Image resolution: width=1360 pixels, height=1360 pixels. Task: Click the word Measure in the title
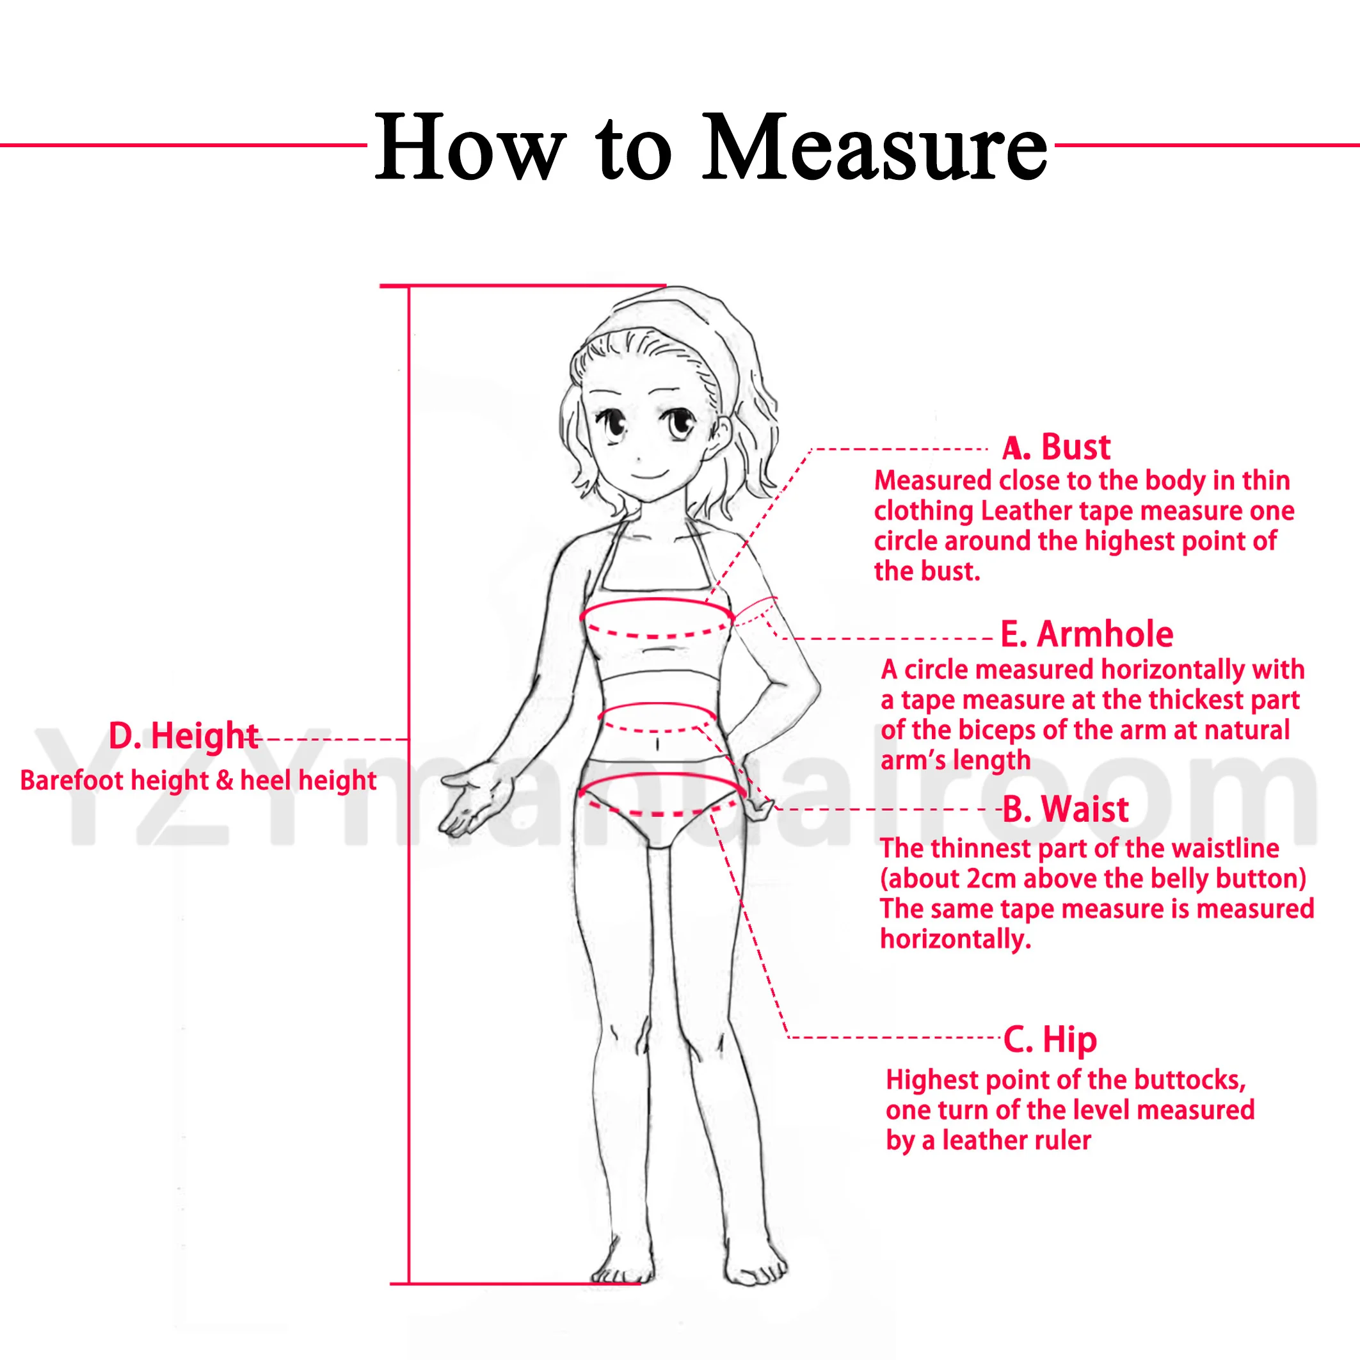875,147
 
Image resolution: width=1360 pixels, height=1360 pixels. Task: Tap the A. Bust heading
1056,448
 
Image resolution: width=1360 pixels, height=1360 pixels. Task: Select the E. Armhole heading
1087,634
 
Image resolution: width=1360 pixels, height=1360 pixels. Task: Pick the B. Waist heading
1065,809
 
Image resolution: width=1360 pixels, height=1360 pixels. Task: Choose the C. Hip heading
1050,1041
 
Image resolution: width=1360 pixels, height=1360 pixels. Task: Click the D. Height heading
184,736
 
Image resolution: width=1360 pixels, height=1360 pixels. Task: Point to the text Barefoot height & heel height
198,781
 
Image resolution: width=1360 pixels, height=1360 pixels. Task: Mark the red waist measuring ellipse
656,703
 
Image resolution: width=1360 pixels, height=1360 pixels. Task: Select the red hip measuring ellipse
662,774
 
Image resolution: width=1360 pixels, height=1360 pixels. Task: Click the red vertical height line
409,785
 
